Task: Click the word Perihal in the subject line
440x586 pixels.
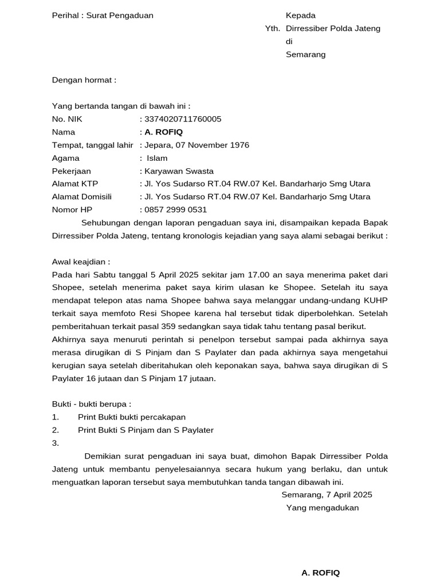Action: pyautogui.click(x=65, y=15)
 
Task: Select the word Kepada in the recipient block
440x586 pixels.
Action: pyautogui.click(x=301, y=15)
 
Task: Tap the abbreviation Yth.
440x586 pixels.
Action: pyautogui.click(x=272, y=29)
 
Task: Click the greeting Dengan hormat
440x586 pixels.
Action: pyautogui.click(x=84, y=80)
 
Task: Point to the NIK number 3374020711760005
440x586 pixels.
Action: pyautogui.click(x=183, y=119)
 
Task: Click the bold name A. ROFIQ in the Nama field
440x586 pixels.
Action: pyautogui.click(x=164, y=132)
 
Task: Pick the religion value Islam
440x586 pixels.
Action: pyautogui.click(x=158, y=159)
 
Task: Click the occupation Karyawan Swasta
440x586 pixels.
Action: pyautogui.click(x=179, y=171)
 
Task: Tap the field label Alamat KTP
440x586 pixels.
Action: pyautogui.click(x=74, y=184)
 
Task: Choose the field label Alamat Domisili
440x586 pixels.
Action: pyautogui.click(x=82, y=197)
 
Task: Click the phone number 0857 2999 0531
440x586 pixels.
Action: pyautogui.click(x=176, y=210)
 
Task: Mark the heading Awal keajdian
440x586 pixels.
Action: pyautogui.click(x=81, y=262)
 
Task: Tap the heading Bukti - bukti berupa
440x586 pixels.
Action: pyautogui.click(x=91, y=404)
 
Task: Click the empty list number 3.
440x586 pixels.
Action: pyautogui.click(x=56, y=443)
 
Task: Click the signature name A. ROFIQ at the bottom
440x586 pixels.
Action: pyautogui.click(x=320, y=573)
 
